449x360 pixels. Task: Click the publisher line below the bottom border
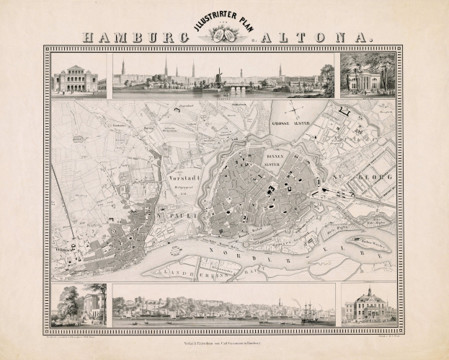coord(224,338)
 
